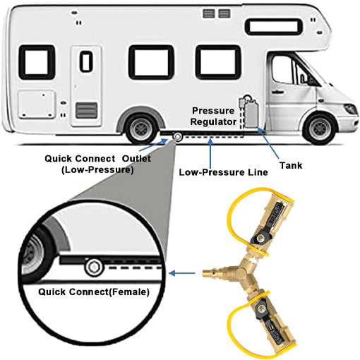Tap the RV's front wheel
321,128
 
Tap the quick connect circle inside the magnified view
93,268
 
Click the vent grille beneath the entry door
87,110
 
